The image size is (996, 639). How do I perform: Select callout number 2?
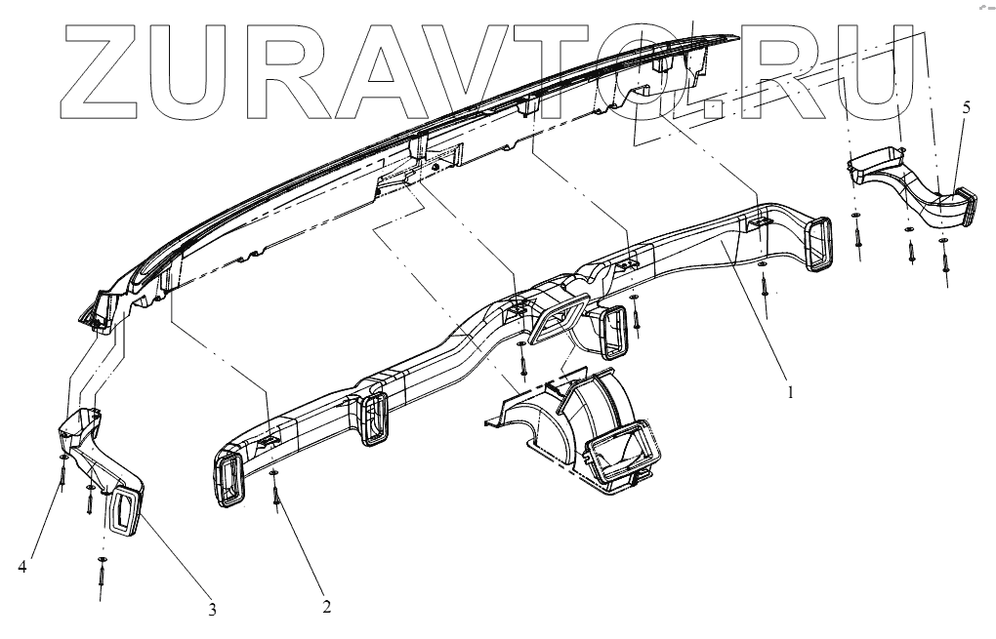326,605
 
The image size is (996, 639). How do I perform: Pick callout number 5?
966,107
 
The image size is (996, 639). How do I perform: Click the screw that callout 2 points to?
277,498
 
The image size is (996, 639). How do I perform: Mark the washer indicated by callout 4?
62,457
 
